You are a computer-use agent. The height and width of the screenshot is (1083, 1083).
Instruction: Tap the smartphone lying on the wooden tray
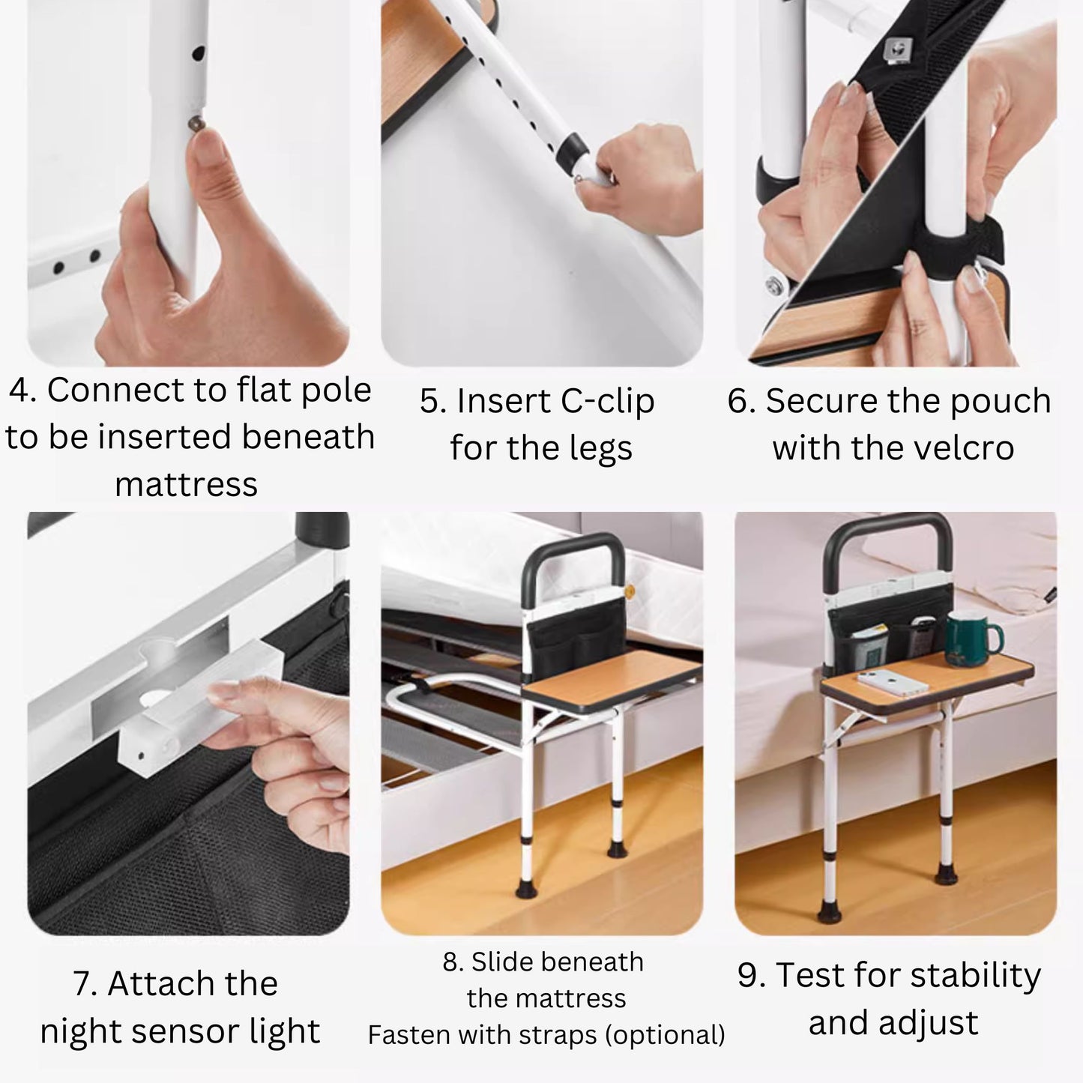(x=893, y=682)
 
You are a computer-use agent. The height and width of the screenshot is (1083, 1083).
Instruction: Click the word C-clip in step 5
(x=608, y=401)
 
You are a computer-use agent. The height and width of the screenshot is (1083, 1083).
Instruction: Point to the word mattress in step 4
(x=186, y=484)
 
